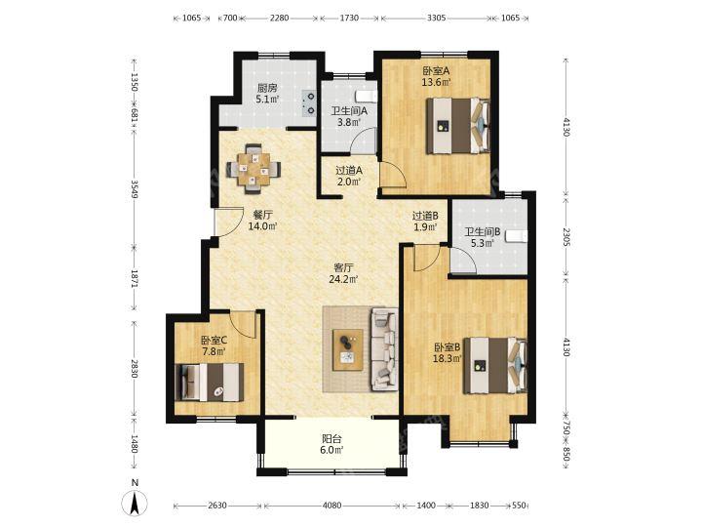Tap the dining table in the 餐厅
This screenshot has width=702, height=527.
tap(253, 169)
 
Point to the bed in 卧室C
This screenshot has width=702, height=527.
tap(210, 383)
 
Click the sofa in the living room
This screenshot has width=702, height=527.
tap(384, 349)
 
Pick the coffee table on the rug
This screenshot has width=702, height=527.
tap(348, 350)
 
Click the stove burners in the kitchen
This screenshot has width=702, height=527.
tap(309, 103)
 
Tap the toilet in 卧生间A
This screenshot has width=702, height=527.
tap(366, 96)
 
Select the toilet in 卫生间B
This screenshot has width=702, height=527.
tap(516, 236)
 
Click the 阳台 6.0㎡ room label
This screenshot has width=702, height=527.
tap(332, 444)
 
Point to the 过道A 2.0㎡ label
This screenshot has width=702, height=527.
tap(349, 176)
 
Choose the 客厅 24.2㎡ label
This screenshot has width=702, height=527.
tap(344, 273)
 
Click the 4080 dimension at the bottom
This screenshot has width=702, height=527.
tap(331, 506)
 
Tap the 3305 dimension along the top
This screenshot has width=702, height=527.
tap(436, 18)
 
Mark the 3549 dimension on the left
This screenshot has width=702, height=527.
tap(135, 189)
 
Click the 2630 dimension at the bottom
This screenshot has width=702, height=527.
tap(217, 506)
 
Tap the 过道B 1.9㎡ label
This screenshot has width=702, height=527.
tap(425, 222)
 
